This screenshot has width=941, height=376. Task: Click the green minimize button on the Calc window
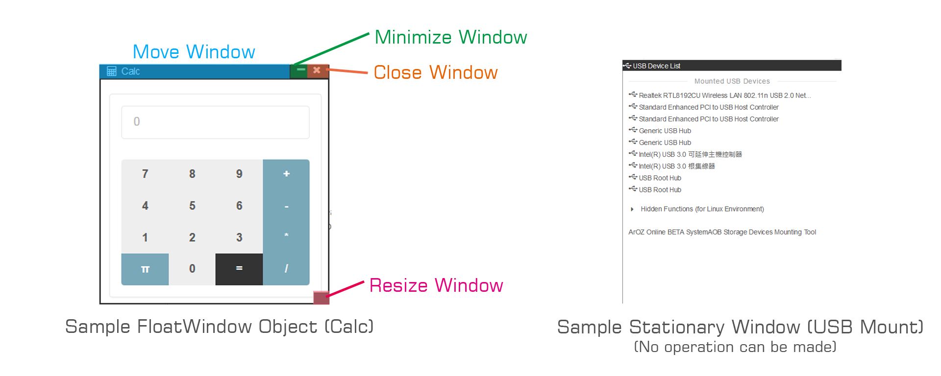(300, 70)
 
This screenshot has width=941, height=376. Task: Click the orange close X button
(317, 70)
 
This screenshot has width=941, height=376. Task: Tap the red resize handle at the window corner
(321, 298)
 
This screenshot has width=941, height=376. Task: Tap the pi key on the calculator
(145, 269)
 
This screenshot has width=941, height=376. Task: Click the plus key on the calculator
(286, 174)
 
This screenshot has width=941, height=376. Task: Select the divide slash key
(286, 269)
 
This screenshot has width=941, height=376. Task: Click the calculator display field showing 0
(215, 122)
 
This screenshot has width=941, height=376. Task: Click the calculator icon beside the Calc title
(112, 71)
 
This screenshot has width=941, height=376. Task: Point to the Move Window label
(194, 52)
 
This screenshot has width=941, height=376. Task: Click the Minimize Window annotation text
(450, 37)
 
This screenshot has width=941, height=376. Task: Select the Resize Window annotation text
(436, 285)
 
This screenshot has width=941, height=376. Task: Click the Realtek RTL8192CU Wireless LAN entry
(724, 95)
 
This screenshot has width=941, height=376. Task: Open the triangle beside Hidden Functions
(632, 210)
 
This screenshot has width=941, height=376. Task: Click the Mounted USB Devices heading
(732, 81)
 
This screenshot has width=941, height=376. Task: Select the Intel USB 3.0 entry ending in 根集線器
(676, 166)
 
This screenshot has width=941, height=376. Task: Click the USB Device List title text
(656, 66)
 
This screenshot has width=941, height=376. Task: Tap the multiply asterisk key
(286, 236)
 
